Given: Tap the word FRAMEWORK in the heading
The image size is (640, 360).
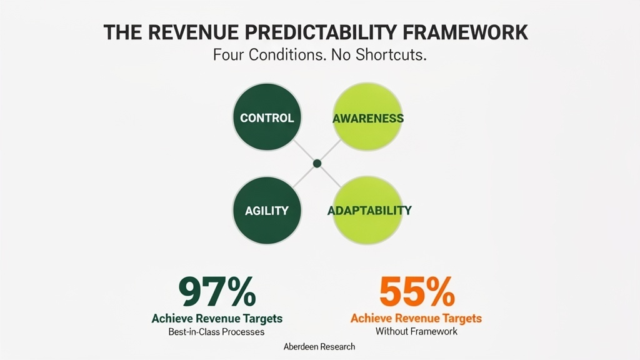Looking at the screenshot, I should point(471,32).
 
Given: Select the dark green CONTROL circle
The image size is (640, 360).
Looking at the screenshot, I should point(267,117).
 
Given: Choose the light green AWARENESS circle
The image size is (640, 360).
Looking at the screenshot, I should point(367,117).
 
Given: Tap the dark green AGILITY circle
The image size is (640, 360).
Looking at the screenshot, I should point(267,210).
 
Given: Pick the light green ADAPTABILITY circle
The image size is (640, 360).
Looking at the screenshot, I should point(369,210).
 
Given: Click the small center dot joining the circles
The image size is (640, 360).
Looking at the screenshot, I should point(317,163).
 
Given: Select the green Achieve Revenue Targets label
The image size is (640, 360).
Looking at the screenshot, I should point(217,319).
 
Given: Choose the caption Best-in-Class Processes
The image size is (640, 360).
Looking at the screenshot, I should point(217,332).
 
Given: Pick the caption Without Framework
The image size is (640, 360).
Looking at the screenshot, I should point(416,331).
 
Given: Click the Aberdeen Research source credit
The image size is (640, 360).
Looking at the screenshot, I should point(319,347).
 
